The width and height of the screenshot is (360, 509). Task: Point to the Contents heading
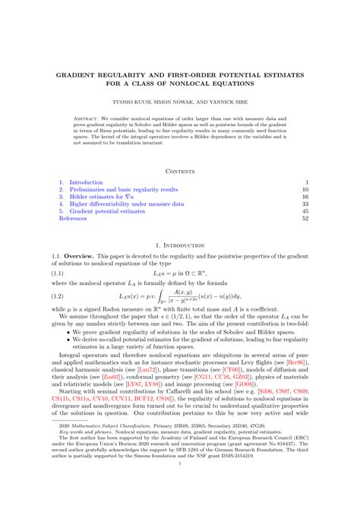click(x=180, y=170)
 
